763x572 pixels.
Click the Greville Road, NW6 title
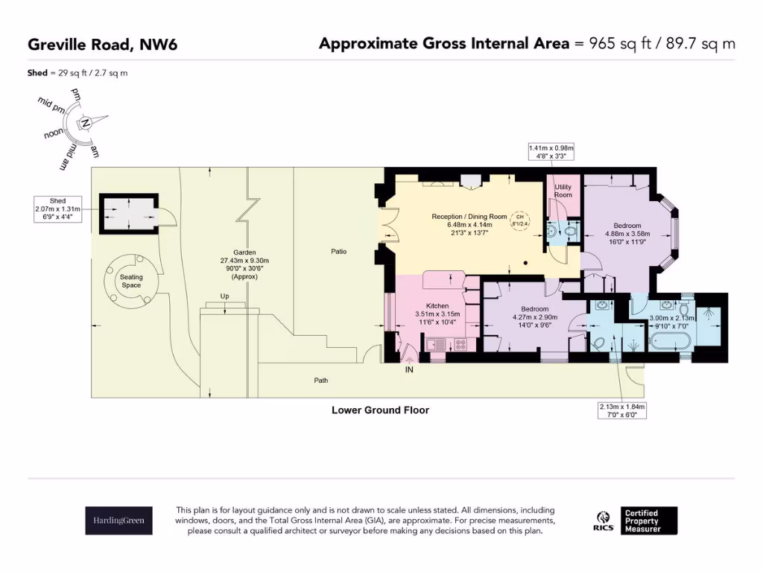(x=102, y=44)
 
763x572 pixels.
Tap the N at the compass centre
(x=86, y=123)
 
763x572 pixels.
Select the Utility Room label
(x=563, y=191)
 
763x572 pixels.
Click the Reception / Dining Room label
(x=469, y=217)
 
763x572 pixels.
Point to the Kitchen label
(x=437, y=306)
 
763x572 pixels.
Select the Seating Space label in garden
(x=131, y=281)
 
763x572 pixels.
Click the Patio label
(x=339, y=252)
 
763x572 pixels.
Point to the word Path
(x=320, y=381)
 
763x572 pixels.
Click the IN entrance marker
(x=408, y=369)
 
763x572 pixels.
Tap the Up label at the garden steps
(x=224, y=296)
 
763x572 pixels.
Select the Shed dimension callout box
(x=57, y=209)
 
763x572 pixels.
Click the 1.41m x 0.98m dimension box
(x=551, y=153)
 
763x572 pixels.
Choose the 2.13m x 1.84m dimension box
(x=622, y=410)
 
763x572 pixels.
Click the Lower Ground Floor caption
(x=380, y=410)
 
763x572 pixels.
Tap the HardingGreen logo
(x=118, y=520)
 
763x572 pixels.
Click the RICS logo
(x=603, y=520)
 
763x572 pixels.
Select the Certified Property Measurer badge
(x=649, y=520)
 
